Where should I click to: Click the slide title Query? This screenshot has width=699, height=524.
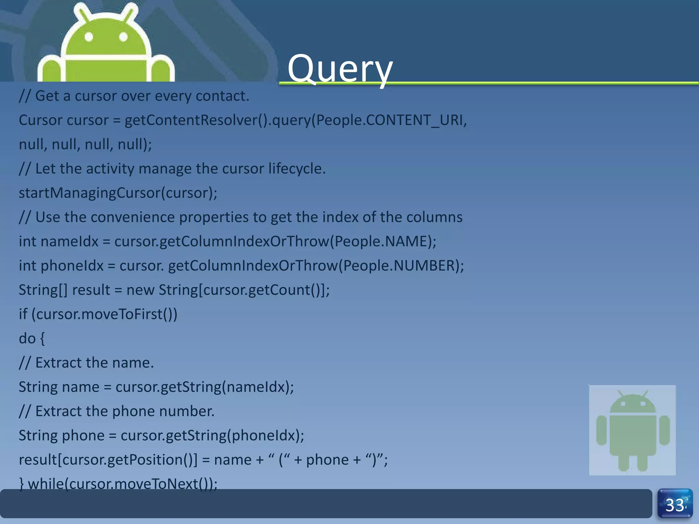[x=340, y=69]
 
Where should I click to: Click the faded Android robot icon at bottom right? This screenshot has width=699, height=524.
[x=632, y=430]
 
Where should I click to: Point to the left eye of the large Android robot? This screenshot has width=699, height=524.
[x=89, y=37]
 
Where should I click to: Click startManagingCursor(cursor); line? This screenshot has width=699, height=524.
[x=118, y=193]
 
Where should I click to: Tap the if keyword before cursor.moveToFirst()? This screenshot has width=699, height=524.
[x=23, y=314]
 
